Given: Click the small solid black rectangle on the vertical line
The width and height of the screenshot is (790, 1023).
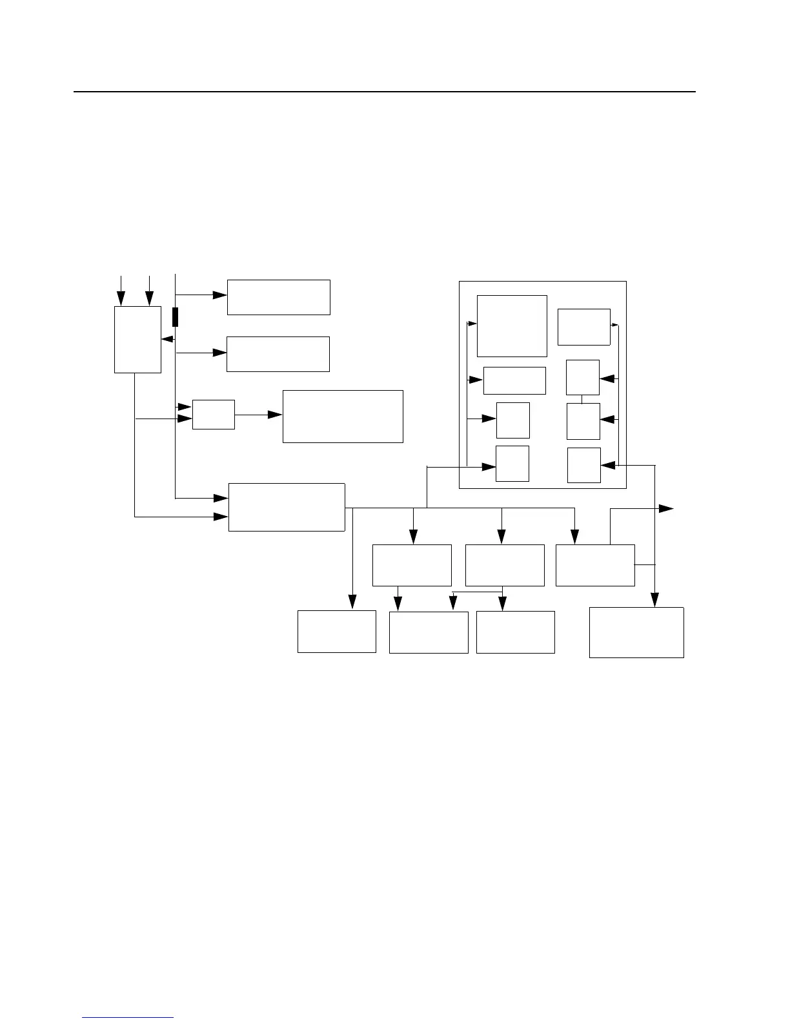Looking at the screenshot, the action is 175,317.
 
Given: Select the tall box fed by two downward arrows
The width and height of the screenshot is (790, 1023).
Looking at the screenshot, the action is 137,339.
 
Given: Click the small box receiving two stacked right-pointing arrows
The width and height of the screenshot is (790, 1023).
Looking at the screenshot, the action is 214,414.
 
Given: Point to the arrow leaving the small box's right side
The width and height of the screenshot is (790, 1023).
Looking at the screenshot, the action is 258,415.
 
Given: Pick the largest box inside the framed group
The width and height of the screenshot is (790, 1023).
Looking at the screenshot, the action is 512,325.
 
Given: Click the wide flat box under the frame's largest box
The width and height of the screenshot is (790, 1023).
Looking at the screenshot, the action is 514,380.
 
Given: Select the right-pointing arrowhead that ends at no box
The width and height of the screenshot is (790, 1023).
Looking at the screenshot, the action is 666,509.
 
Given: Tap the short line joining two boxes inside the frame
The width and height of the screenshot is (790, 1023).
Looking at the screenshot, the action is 582,399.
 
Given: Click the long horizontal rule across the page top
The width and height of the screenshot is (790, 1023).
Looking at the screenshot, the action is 385,92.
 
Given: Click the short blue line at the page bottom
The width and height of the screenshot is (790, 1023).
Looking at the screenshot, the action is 128,1018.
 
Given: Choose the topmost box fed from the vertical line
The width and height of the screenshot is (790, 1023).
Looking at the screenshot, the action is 278,297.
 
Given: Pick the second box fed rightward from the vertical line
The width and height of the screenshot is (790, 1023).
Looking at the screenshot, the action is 278,354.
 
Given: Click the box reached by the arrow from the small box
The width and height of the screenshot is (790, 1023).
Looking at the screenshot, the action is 343,416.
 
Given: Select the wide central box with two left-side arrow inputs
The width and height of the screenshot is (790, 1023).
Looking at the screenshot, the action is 287,507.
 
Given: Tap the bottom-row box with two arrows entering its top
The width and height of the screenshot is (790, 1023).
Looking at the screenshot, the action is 429,632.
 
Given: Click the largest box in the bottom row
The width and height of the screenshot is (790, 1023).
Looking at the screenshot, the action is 636,632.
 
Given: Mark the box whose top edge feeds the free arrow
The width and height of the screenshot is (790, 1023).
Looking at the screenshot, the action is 595,565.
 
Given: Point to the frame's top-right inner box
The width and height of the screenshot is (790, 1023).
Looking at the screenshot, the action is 583,327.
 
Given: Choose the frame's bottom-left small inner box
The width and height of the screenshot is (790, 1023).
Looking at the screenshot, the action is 512,463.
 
